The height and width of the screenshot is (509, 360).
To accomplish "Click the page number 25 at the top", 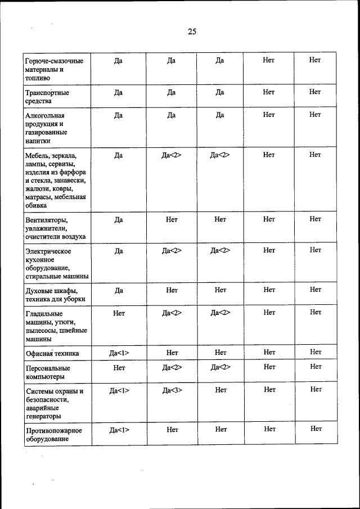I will click(x=192, y=32).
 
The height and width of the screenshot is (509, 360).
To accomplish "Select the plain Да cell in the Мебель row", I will click(x=119, y=155).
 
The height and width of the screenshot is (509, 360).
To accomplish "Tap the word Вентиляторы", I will click(x=47, y=220).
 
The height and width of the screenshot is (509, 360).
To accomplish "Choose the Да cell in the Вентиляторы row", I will click(x=119, y=220).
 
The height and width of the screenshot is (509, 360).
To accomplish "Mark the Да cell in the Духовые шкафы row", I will click(x=119, y=290).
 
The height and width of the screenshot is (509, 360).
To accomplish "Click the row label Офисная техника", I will click(x=52, y=354).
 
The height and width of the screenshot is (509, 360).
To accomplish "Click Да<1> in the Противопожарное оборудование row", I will click(x=119, y=430).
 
